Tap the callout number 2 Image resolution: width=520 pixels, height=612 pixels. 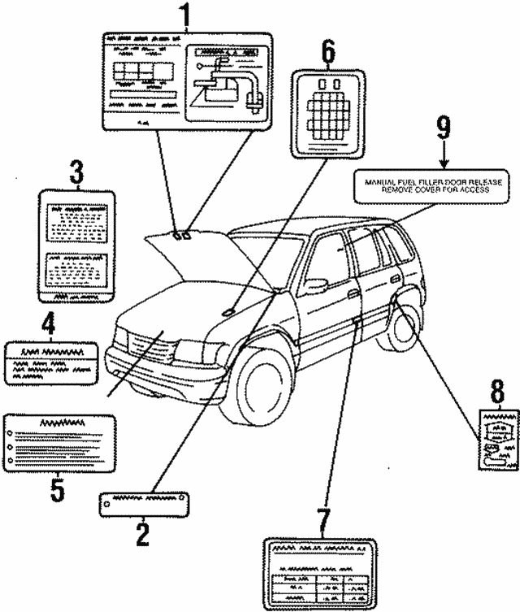point(142,535)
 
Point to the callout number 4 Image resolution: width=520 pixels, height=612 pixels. point(49,325)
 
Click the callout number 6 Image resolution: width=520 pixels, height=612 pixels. point(327,50)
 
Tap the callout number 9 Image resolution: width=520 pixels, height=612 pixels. point(443,127)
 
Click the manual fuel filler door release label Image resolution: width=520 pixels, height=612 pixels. point(432,185)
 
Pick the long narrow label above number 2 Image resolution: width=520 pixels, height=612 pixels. point(144,503)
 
